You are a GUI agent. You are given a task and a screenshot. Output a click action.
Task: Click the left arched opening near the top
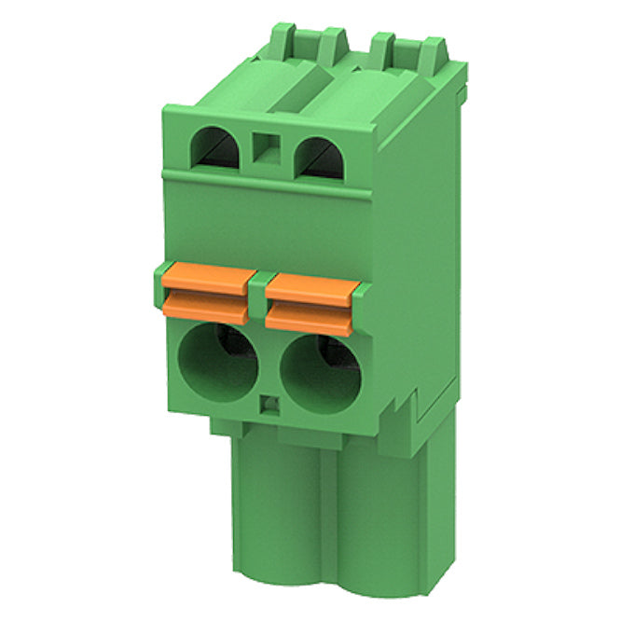tap(215, 149)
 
